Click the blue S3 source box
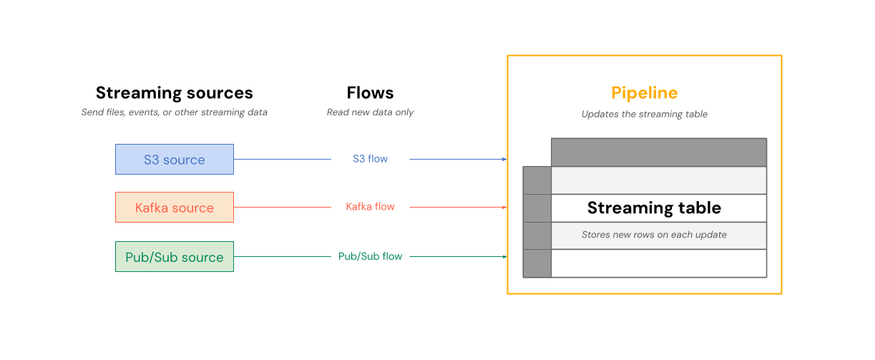[x=175, y=160]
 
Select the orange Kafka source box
[x=175, y=208]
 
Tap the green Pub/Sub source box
[x=175, y=257]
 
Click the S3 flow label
[x=370, y=159]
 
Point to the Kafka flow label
[x=370, y=207]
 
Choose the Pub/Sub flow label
[x=370, y=256]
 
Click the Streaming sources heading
[x=174, y=93]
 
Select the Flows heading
[x=370, y=93]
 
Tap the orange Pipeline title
[x=644, y=93]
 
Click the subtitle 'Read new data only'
[x=370, y=112]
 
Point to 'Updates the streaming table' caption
[x=644, y=115]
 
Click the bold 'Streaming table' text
[x=654, y=208]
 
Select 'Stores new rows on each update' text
[x=654, y=235]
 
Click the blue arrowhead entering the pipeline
[x=504, y=160]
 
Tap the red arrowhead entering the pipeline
[x=504, y=208]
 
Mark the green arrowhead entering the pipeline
[x=504, y=257]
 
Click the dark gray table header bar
[x=658, y=152]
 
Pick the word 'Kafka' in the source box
[x=152, y=208]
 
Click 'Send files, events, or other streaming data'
[x=174, y=112]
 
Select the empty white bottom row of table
[x=658, y=263]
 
